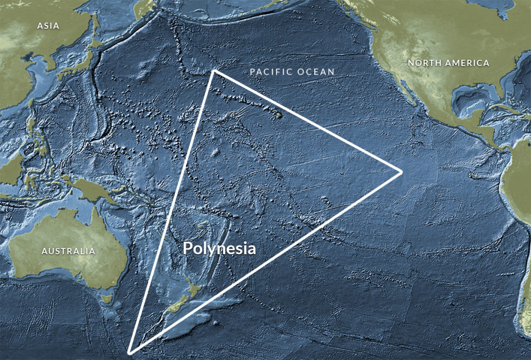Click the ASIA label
[48, 25]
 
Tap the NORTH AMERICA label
[448, 63]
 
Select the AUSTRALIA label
[68, 251]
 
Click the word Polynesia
[219, 248]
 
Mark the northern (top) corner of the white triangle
[213, 71]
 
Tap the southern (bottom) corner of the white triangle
[130, 353]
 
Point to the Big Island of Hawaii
[278, 115]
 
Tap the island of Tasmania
[107, 299]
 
